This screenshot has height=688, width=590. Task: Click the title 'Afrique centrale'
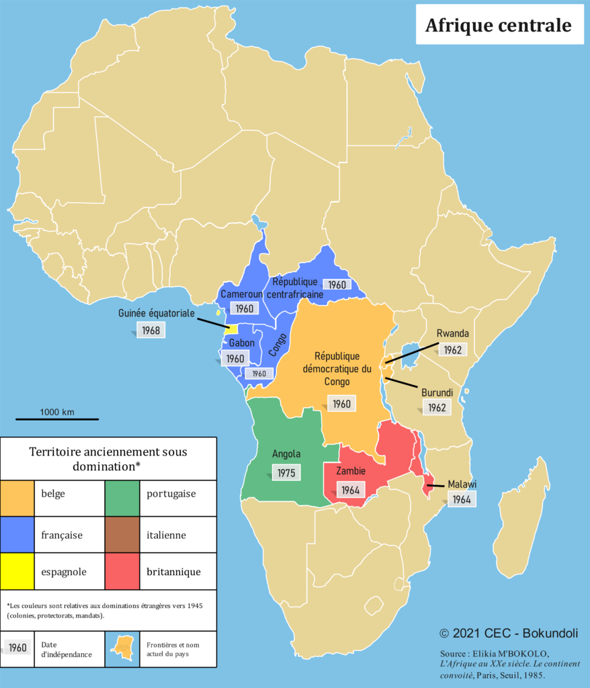(x=499, y=26)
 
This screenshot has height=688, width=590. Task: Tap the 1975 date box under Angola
(x=286, y=472)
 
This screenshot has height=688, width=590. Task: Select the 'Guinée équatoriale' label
(x=156, y=313)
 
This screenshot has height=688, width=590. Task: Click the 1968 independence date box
(x=151, y=330)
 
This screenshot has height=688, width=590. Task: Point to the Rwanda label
(x=452, y=333)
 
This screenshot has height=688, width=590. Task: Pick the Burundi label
(x=437, y=392)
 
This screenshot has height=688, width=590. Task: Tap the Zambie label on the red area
(x=351, y=471)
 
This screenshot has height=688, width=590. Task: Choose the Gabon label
(x=242, y=343)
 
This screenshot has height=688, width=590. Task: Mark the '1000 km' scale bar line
(x=57, y=419)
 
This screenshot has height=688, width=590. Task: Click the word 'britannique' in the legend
(x=173, y=572)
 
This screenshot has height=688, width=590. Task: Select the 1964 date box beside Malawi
(x=461, y=499)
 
